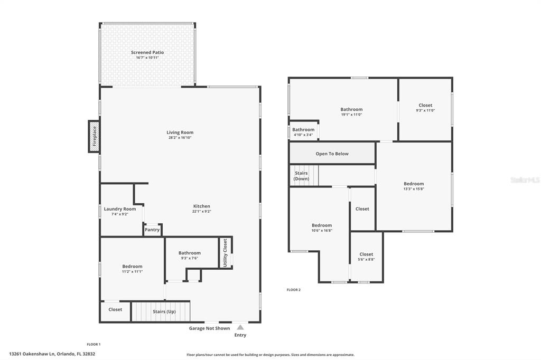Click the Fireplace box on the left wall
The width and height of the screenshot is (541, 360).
coord(94,136)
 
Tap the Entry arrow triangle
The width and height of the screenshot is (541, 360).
coord(240,327)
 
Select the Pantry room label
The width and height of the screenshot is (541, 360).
coord(152,230)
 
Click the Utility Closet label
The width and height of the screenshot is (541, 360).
coord(225,253)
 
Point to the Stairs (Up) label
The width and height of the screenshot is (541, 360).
coord(164,311)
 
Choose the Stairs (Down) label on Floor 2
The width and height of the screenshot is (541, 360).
coord(301,176)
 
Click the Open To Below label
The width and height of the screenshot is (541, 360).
coord(332,154)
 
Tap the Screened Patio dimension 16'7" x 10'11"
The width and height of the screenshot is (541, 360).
coord(147,58)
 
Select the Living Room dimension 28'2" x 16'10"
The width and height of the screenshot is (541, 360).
coord(180,138)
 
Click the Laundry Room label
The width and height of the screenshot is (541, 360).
coord(120,209)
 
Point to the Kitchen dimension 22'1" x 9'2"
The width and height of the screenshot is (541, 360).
coord(201,211)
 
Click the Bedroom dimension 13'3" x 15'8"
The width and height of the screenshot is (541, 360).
coord(414,189)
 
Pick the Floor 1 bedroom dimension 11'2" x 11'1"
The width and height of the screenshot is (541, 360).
coord(132,272)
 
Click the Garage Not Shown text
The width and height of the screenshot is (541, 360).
coord(209,328)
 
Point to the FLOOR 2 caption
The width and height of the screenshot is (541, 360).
coord(294,290)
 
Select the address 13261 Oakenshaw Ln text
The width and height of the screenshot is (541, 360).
coord(32,354)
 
